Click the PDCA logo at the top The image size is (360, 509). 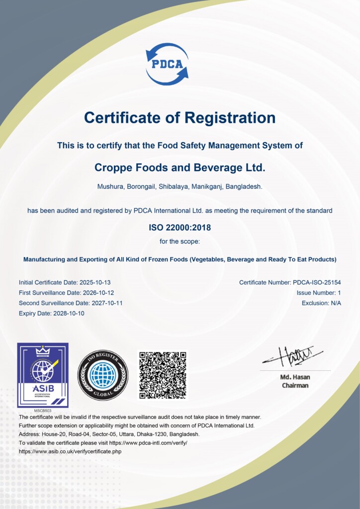coord(167,64)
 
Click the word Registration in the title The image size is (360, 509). coord(230,118)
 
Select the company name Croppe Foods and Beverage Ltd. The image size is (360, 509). coord(180,168)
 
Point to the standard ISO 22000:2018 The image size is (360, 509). coord(180,228)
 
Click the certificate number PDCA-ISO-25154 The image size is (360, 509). coord(316,282)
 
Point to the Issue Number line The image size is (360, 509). coord(319,293)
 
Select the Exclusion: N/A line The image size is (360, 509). coord(321,303)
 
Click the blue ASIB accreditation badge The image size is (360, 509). coord(43,375)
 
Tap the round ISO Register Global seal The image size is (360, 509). coord(103,375)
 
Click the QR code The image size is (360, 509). coord(163,375)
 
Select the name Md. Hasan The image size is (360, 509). coord(295,377)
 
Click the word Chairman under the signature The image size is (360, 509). coord(295,385)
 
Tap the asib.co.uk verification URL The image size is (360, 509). coord(70,451)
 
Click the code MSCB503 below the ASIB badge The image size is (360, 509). coord(43,411)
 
